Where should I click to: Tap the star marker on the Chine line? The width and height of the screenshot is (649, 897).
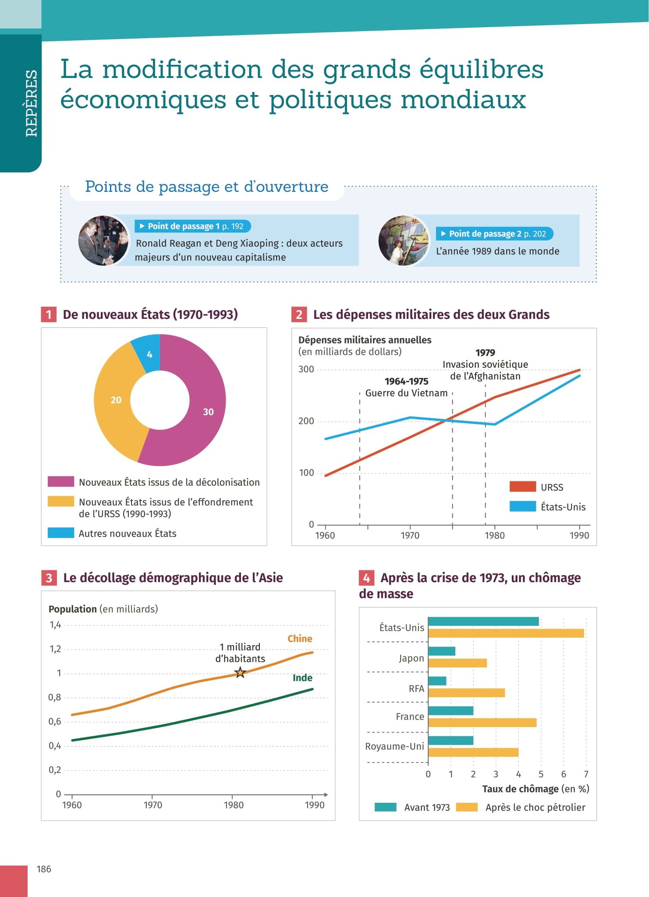(240, 672)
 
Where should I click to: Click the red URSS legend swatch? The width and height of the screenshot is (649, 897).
(522, 487)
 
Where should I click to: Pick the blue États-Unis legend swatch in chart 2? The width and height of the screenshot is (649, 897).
(522, 506)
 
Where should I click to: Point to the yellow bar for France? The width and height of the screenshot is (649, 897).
(482, 722)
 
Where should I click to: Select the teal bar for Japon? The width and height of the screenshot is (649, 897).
(442, 651)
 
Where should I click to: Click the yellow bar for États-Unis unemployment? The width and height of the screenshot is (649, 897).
(506, 633)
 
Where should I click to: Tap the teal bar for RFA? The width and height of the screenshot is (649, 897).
(437, 681)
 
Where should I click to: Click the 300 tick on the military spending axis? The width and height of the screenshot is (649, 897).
(306, 369)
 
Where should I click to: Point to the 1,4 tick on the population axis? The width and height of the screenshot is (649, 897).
(55, 625)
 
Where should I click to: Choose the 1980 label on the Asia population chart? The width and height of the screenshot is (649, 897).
(234, 805)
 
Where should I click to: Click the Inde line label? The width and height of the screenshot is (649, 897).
(302, 678)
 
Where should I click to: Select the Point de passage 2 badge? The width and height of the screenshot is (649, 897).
(494, 234)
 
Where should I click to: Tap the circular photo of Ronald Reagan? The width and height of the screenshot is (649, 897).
(103, 240)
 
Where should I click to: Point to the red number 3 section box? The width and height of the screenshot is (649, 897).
(49, 578)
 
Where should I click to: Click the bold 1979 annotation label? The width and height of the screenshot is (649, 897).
(485, 353)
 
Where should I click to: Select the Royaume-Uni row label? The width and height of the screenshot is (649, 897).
(394, 746)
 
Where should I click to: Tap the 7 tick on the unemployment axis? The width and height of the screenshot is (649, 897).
(586, 774)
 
